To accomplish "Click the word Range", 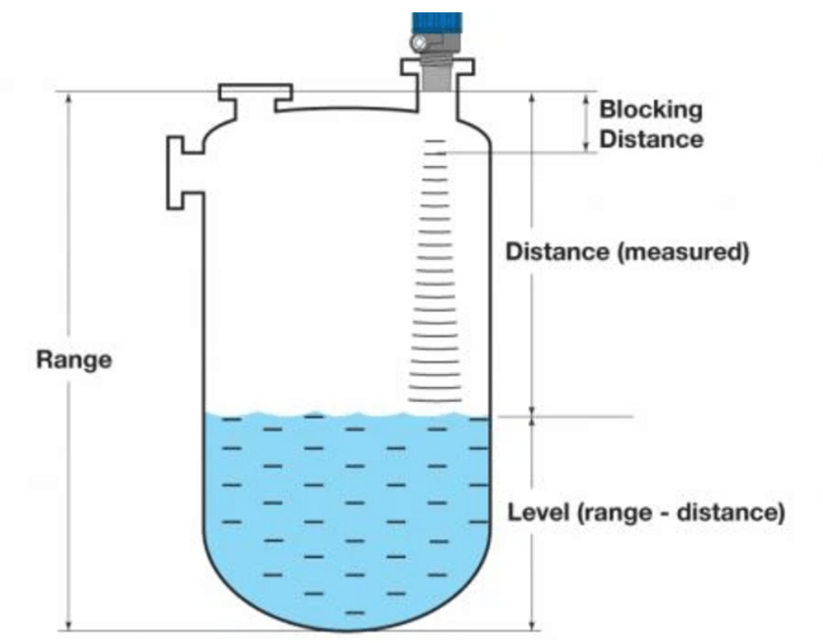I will [x=73, y=360].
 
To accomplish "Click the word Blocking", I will [x=651, y=110].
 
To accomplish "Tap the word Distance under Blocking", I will [x=651, y=139].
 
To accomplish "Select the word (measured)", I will [x=683, y=252].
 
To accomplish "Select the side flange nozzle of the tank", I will [x=184, y=172].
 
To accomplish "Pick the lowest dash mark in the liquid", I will [x=355, y=611].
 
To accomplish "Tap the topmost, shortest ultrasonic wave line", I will [x=436, y=141].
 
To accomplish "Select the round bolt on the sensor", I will [x=419, y=41].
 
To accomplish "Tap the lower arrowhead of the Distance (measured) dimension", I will [x=532, y=411].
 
